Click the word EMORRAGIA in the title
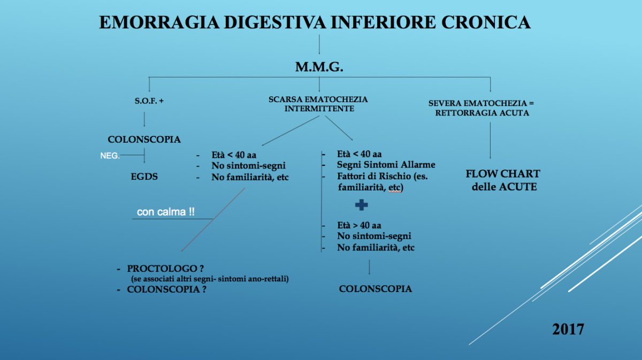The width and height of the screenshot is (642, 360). point(159,22)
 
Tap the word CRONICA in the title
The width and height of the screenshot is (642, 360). point(486,22)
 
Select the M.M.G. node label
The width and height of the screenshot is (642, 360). point(319,67)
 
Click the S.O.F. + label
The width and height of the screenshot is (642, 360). point(149,101)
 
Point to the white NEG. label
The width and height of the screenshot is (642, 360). point(110,156)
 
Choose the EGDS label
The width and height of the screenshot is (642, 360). point(144,177)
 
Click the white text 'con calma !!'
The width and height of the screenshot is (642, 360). point(166,212)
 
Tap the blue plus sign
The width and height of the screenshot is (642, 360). point(362,205)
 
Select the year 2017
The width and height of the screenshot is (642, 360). point(568,330)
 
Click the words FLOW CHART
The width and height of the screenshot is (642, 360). point(503,174)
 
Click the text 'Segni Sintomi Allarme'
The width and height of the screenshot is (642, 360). point(386,165)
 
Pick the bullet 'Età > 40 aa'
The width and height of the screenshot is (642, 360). point(359,225)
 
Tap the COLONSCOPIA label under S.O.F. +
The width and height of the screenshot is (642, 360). point(144,140)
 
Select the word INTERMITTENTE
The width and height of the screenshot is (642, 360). point(319,109)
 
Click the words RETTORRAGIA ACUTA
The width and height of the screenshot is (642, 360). point(482,113)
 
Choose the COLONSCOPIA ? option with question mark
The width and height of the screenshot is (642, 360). point(166,289)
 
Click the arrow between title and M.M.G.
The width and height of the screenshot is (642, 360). point(319,44)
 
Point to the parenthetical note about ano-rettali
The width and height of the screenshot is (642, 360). point(210,279)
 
